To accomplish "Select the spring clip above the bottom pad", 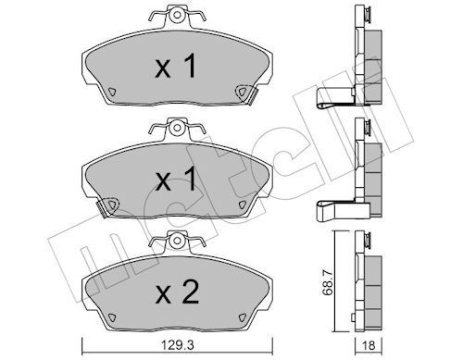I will (x=175, y=242).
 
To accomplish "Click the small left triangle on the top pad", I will (x=109, y=91).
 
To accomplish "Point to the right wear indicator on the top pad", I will (x=244, y=92).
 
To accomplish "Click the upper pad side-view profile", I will (x=366, y=56).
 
